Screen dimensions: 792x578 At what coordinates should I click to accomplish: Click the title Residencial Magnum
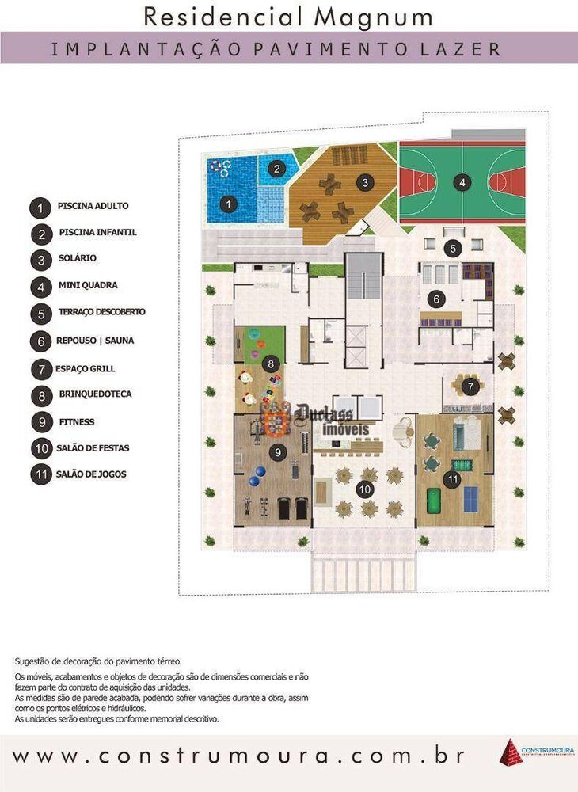[288, 16]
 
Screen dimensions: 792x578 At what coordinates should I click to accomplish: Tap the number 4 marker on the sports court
[462, 182]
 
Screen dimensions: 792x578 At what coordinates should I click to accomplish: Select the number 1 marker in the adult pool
[229, 204]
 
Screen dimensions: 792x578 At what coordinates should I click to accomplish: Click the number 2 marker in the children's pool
[276, 168]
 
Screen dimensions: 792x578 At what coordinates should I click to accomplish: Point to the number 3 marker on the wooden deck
[364, 182]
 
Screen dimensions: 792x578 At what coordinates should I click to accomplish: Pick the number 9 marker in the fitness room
[277, 452]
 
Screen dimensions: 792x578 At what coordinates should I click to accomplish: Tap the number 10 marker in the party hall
[365, 489]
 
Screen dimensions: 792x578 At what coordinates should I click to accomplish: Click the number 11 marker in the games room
[452, 479]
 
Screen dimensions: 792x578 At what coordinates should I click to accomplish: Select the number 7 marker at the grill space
[470, 387]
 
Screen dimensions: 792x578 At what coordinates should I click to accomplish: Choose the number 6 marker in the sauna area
[435, 299]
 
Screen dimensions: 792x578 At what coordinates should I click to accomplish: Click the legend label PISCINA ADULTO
[93, 206]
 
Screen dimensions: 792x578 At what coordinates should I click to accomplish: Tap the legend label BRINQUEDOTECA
[95, 394]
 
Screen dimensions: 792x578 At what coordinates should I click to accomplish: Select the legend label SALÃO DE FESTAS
[93, 448]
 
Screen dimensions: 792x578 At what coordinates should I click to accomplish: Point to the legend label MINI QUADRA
[88, 285]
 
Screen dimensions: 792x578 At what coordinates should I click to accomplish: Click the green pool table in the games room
[434, 501]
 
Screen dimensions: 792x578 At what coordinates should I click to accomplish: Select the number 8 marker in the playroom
[272, 364]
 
